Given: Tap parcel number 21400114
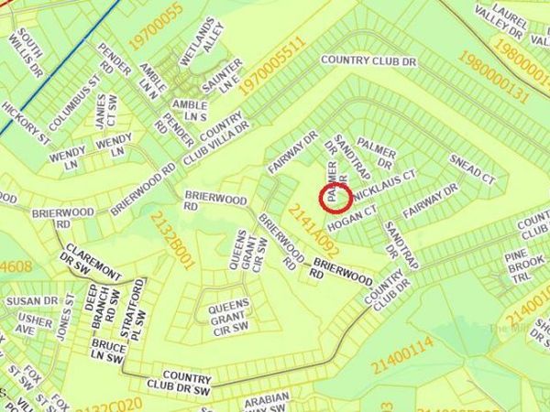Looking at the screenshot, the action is pyautogui.click(x=401, y=355).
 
